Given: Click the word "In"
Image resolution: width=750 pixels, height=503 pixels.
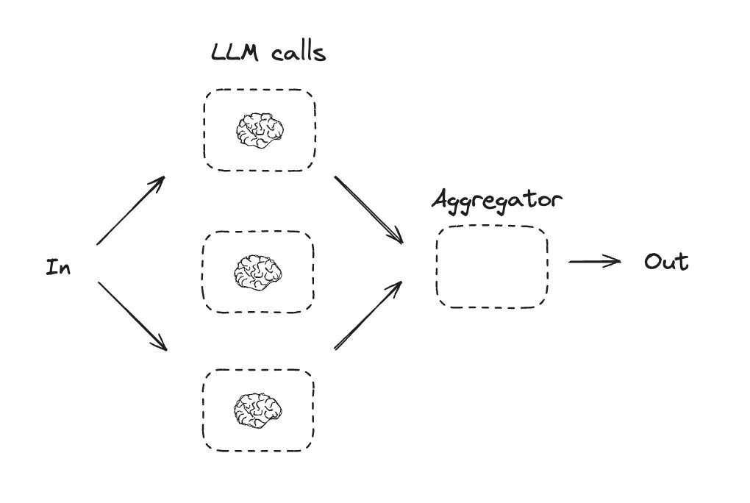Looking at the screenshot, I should pyautogui.click(x=58, y=267).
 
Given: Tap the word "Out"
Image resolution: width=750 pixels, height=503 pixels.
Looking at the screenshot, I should pyautogui.click(x=666, y=262).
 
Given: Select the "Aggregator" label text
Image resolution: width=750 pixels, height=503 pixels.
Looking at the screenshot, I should pyautogui.click(x=497, y=200).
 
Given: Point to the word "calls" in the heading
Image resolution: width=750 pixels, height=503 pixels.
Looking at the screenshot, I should pyautogui.click(x=298, y=53).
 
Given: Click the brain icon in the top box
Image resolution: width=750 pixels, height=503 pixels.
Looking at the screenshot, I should pyautogui.click(x=260, y=130).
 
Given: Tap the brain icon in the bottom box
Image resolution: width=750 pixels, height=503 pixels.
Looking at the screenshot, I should pyautogui.click(x=258, y=410).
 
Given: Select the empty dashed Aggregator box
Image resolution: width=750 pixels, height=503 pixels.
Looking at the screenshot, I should pyautogui.click(x=492, y=266).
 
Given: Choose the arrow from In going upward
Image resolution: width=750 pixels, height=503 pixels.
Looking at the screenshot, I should pyautogui.click(x=129, y=211).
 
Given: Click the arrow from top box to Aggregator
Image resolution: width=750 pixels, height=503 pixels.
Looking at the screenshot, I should pyautogui.click(x=368, y=209).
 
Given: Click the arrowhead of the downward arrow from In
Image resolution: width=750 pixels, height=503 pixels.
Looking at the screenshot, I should pyautogui.click(x=161, y=344).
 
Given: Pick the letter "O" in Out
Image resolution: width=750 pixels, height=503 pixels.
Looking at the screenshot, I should pyautogui.click(x=654, y=262).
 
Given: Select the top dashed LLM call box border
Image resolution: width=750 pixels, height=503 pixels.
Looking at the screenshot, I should pyautogui.click(x=260, y=91).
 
